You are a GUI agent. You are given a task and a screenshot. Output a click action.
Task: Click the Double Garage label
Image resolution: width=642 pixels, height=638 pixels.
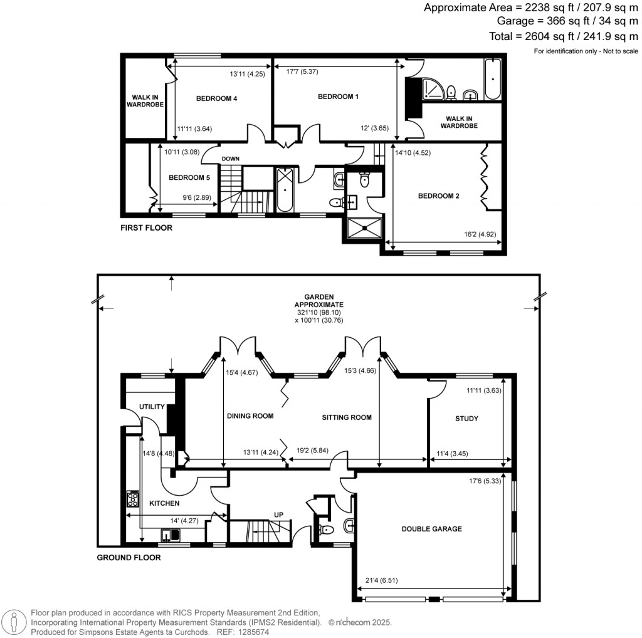coord(431,529)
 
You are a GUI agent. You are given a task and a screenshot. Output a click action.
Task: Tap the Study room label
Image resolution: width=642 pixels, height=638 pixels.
coord(466,419)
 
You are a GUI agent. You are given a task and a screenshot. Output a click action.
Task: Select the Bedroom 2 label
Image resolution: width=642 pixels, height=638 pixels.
coord(439,196)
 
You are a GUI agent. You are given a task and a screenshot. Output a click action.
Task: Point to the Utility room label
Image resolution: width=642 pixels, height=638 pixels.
coord(152,407)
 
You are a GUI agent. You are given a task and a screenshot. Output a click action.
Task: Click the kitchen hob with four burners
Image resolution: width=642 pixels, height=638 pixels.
coord(133,499)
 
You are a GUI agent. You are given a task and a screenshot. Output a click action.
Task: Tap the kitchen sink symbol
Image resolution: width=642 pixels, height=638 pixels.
coord(170,535)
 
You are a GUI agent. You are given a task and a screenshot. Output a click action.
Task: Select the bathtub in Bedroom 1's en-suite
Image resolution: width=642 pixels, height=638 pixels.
coord(492,80)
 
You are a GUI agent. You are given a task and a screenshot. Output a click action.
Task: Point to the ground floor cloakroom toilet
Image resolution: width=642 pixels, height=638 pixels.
coord(327,530)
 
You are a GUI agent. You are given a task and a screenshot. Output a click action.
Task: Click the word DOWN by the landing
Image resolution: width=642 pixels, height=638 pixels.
coord(231,159)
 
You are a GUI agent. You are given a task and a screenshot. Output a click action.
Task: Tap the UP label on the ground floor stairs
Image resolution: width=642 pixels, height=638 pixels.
coord(278,515)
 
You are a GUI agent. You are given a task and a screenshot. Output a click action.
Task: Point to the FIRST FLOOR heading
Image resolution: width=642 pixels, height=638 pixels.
coord(146,228)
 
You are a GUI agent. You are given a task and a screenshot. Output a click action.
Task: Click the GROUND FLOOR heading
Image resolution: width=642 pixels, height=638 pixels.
coord(129,558)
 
